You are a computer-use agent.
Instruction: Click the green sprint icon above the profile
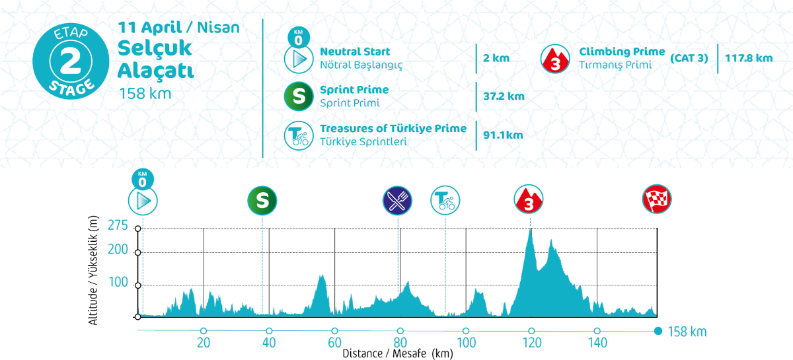[x=262, y=200]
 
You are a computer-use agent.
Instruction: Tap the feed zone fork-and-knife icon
[x=398, y=200]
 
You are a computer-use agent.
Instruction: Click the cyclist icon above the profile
[x=445, y=200]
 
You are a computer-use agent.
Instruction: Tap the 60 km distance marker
[x=334, y=342]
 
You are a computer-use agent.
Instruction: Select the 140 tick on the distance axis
[x=597, y=342]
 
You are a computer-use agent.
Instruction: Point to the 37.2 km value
[x=504, y=96]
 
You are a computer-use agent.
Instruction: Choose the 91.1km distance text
[x=503, y=135]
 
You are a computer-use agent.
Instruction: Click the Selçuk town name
[x=155, y=48]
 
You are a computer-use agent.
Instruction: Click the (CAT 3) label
[x=689, y=58]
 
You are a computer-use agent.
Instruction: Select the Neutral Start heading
[x=355, y=52]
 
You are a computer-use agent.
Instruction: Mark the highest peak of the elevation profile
[x=530, y=230]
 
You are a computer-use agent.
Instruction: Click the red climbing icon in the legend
[x=556, y=59]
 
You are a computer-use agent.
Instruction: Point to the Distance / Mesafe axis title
[x=397, y=353]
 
